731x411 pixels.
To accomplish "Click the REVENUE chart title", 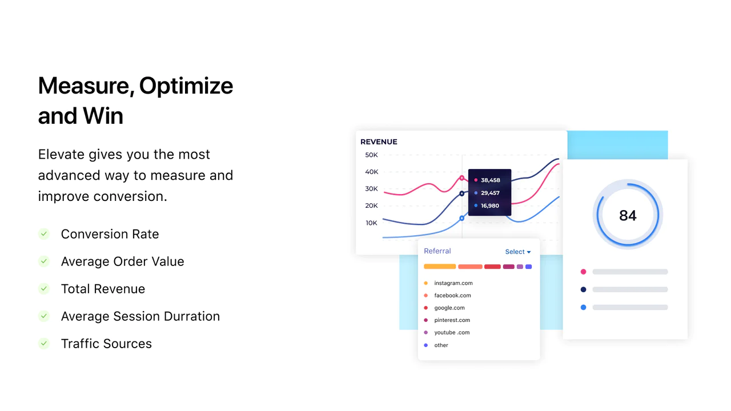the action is point(379,142).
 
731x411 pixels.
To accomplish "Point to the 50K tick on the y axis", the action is point(371,155).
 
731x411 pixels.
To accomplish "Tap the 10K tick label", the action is point(371,223).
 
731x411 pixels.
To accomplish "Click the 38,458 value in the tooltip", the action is point(490,180).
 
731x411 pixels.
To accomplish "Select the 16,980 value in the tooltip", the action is point(490,205).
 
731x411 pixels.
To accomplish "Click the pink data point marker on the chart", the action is point(462,178).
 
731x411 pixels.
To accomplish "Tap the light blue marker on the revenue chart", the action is point(462,218).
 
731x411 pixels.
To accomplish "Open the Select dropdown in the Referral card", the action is point(518,252).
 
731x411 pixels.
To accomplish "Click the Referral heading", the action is point(437,251).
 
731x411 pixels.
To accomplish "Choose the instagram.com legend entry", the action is point(453,283).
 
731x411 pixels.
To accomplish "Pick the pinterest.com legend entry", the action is point(452,320).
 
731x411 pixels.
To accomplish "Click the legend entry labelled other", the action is point(441,345).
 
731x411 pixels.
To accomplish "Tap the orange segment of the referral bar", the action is point(440,267).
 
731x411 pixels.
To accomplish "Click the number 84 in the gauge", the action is point(628,215).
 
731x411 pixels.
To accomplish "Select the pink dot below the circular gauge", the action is point(584,272).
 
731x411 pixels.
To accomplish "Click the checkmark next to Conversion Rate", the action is point(44,234).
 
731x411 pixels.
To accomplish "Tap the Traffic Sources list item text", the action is point(106,344).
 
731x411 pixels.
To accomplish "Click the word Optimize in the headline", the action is point(186,86).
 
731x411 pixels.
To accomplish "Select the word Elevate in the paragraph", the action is point(61,154).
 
